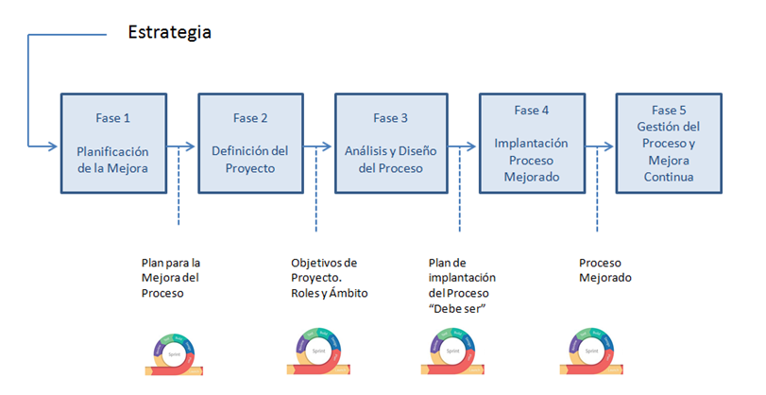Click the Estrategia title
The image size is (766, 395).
click(170, 32)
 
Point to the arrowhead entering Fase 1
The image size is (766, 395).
click(55, 146)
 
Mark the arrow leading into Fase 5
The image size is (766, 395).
click(601, 146)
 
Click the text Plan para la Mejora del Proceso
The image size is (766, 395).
click(171, 278)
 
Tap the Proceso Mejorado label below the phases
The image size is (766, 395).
click(604, 270)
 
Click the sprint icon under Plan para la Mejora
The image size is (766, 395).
click(172, 354)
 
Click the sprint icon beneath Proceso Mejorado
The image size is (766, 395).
click(592, 354)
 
